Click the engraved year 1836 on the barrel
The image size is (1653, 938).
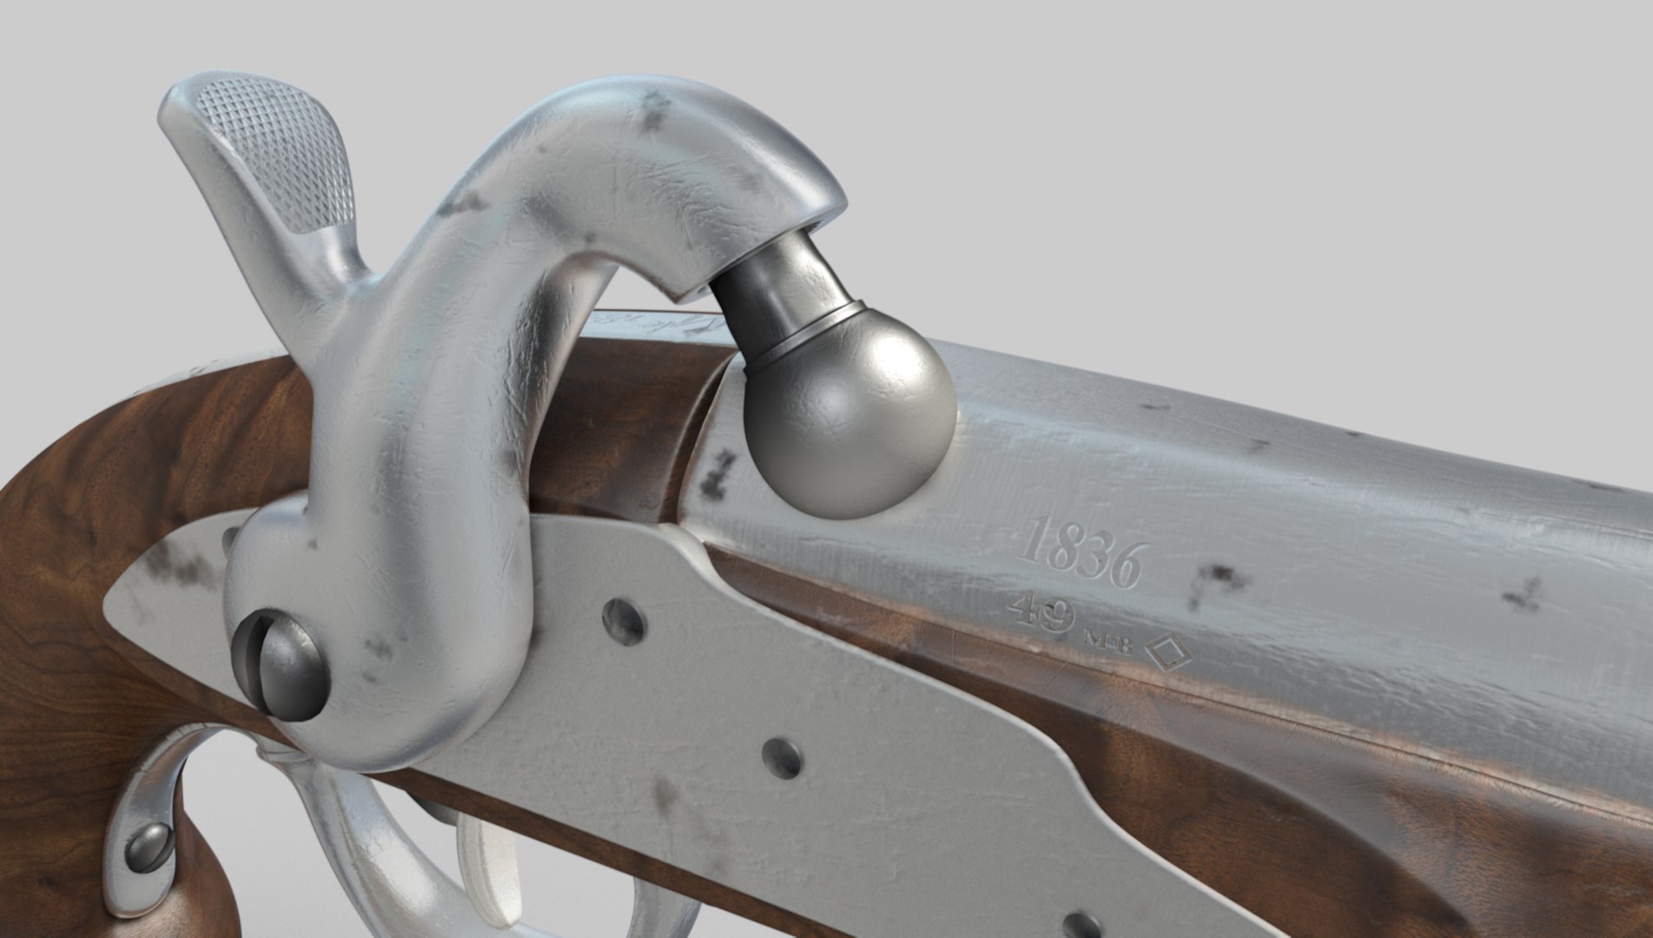(1082, 552)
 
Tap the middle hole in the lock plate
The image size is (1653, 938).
(782, 758)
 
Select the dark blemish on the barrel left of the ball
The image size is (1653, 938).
(717, 473)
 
